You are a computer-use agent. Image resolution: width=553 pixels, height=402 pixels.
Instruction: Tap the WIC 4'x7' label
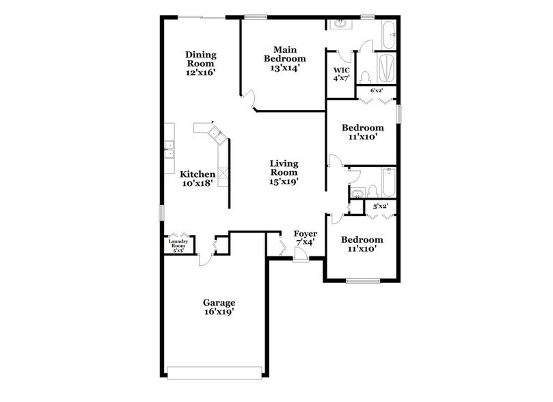click(341, 74)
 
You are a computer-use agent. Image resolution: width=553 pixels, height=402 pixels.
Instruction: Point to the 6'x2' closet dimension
click(376, 90)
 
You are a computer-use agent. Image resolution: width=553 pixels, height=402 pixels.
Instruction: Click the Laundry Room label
click(178, 244)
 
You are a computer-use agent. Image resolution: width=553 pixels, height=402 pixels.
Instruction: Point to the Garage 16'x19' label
click(219, 307)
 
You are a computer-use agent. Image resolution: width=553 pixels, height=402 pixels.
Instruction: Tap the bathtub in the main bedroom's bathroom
click(388, 31)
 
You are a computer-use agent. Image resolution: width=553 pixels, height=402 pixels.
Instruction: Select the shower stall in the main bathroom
click(386, 68)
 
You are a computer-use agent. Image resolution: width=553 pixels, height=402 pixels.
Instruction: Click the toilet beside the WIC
click(364, 75)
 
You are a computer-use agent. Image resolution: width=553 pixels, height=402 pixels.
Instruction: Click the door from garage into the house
click(204, 259)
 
